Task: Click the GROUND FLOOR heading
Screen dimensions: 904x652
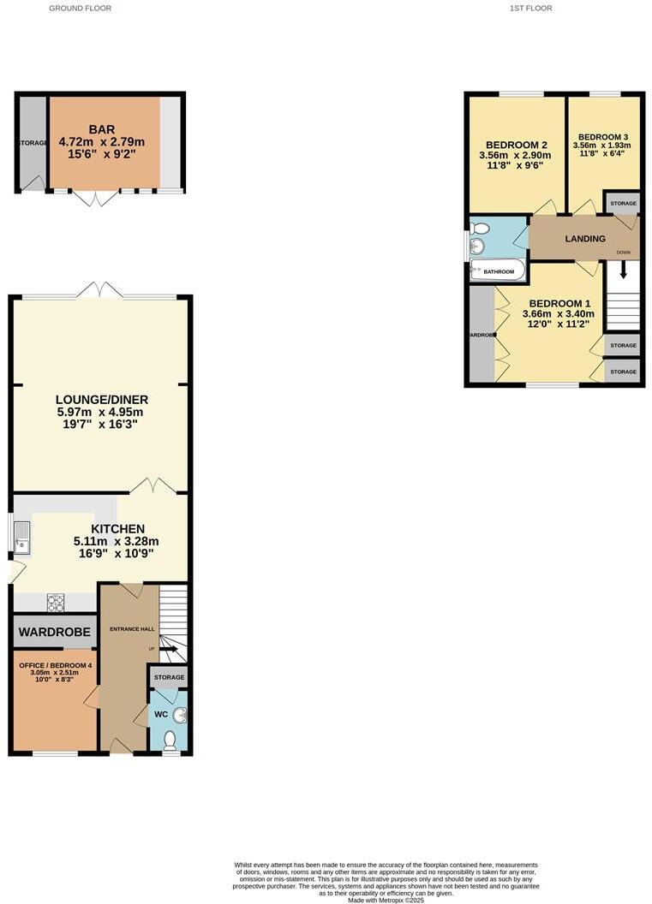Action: point(80,8)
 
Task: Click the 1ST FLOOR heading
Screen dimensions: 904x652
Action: point(531,8)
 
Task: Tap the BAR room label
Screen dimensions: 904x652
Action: point(102,129)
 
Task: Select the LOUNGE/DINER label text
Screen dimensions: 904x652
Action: point(102,399)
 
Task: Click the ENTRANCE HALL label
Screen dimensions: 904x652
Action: point(130,629)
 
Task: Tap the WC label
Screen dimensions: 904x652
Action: point(161,714)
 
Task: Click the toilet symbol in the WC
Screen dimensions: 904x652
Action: point(170,739)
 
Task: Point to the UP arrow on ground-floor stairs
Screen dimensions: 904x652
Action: point(168,649)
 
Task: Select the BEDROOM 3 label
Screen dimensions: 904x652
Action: point(603,137)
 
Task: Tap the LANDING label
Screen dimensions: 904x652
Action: point(585,239)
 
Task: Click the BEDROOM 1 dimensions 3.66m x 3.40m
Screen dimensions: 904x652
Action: point(558,314)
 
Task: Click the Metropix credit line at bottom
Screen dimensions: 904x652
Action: point(386,899)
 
